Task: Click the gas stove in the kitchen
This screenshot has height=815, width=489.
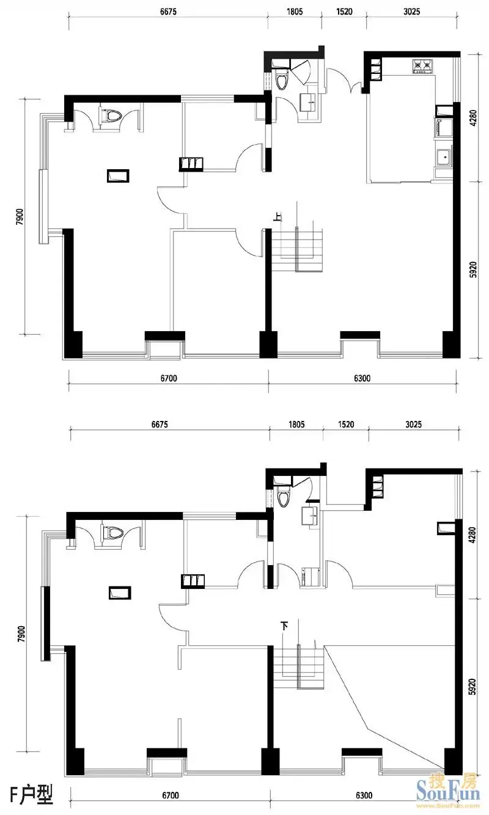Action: (422, 66)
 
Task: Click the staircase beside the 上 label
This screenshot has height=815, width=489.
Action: (298, 250)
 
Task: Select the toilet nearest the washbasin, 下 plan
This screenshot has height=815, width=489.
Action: (282, 497)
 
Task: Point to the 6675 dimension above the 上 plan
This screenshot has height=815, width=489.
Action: (168, 12)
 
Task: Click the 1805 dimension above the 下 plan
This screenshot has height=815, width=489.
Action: (296, 424)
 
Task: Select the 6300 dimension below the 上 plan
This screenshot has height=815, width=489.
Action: (362, 378)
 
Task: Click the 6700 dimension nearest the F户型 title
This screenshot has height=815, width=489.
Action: (170, 795)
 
